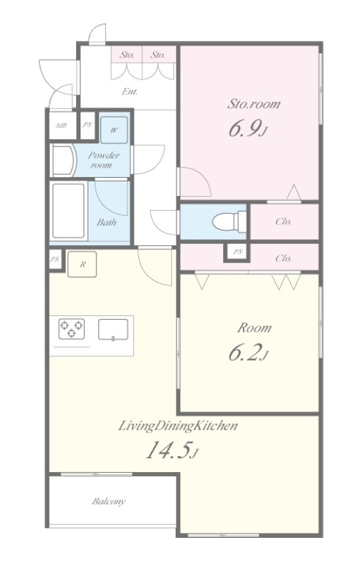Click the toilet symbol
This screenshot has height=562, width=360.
230,222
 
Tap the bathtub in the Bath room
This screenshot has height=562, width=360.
69,211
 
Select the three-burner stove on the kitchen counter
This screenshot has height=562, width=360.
72,329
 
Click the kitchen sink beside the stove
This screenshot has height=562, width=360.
113,329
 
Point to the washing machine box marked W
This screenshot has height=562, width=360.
113,130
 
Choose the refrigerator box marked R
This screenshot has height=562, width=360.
82,264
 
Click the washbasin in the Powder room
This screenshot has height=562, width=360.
63,160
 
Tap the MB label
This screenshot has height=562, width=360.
61,125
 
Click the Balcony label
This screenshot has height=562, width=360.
108,501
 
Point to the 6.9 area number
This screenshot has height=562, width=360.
248,130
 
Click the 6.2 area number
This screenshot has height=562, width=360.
249,353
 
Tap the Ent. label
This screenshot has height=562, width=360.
130,91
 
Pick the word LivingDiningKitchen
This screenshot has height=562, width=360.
178,426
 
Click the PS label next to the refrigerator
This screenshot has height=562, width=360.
55,259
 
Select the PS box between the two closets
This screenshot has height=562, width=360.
237,252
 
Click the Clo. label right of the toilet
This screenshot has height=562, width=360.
283,222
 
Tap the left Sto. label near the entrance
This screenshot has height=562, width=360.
127,55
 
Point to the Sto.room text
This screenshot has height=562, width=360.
254,104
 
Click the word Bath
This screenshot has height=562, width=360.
107,222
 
